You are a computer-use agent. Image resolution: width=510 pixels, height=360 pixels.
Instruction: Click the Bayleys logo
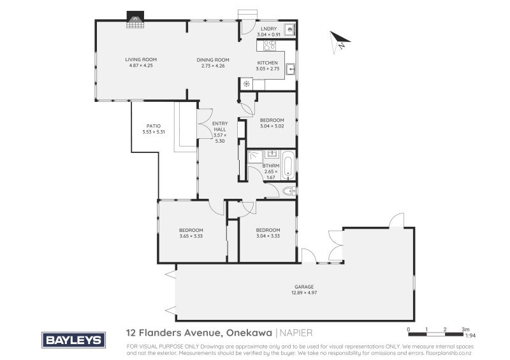click(73, 340)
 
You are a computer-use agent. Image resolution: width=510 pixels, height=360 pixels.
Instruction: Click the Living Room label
click(140, 59)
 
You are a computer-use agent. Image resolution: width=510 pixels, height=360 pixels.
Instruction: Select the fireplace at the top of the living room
click(135, 18)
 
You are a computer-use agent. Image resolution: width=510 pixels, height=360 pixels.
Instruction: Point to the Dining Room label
click(213, 59)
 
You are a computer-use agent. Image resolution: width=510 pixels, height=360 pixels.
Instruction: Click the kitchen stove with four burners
click(269, 46)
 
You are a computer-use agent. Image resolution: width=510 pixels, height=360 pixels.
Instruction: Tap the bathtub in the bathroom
click(288, 166)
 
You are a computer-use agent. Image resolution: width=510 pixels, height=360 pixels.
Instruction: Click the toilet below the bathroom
click(288, 191)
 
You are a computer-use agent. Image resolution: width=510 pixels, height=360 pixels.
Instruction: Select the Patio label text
click(153, 126)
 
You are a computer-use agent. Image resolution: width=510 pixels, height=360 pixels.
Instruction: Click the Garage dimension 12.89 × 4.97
click(304, 292)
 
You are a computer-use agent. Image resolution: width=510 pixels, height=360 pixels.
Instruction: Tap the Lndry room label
click(268, 29)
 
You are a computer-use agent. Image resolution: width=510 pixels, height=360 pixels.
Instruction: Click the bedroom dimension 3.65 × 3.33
click(191, 236)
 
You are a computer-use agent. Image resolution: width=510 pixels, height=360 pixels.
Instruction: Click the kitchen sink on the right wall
click(290, 68)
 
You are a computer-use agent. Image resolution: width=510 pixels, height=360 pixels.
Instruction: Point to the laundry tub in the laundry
click(289, 29)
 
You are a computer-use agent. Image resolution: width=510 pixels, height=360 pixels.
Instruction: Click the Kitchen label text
click(268, 62)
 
